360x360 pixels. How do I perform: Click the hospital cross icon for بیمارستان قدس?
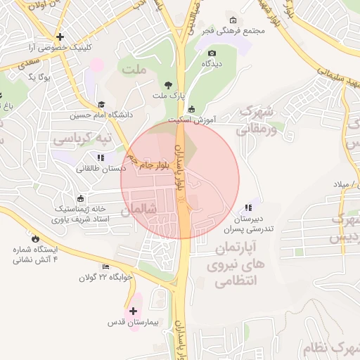pos(133,310)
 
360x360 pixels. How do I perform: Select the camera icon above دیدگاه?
pos(212,53)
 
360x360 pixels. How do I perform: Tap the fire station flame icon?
pos(35,239)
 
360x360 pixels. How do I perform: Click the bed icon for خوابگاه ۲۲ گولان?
pos(105,266)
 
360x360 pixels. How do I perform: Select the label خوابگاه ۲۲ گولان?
pos(105,278)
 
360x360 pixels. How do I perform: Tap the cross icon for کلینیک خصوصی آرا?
pos(60,37)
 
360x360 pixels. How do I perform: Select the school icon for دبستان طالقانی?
pos(101,157)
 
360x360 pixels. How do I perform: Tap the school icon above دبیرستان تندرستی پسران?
pos(247,207)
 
